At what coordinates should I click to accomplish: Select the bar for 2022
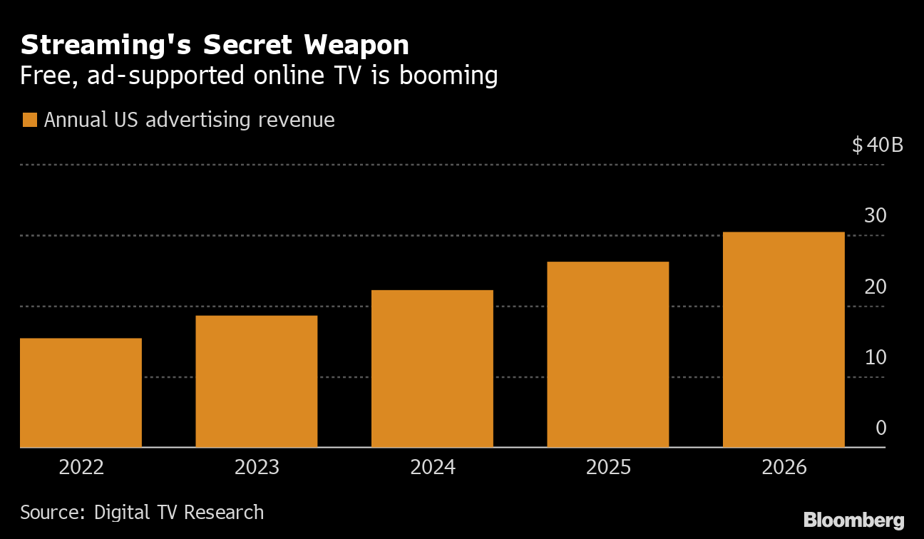pyautogui.click(x=81, y=393)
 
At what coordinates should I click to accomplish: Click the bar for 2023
pyautogui.click(x=256, y=381)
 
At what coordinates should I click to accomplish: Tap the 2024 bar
pyautogui.click(x=432, y=369)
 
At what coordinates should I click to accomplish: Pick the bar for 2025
pyautogui.click(x=607, y=354)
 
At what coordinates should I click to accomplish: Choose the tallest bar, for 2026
pyautogui.click(x=784, y=339)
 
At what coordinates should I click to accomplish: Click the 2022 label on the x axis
pyautogui.click(x=81, y=468)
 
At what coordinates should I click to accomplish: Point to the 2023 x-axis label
pyautogui.click(x=257, y=468)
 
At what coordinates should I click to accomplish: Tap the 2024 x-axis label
pyautogui.click(x=433, y=468)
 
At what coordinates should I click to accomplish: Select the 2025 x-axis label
pyautogui.click(x=608, y=468)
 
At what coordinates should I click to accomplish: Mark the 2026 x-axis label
pyautogui.click(x=784, y=468)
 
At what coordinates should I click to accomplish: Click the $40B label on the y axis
pyautogui.click(x=877, y=145)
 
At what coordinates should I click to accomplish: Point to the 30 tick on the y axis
pyautogui.click(x=875, y=216)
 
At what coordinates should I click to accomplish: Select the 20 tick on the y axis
pyautogui.click(x=875, y=287)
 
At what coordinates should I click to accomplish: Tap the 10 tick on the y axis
pyautogui.click(x=875, y=357)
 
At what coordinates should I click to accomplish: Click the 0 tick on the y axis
pyautogui.click(x=881, y=428)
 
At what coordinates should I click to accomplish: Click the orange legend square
pyautogui.click(x=29, y=120)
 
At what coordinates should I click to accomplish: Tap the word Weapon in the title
pyautogui.click(x=356, y=46)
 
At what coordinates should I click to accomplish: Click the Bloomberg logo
pyautogui.click(x=853, y=520)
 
